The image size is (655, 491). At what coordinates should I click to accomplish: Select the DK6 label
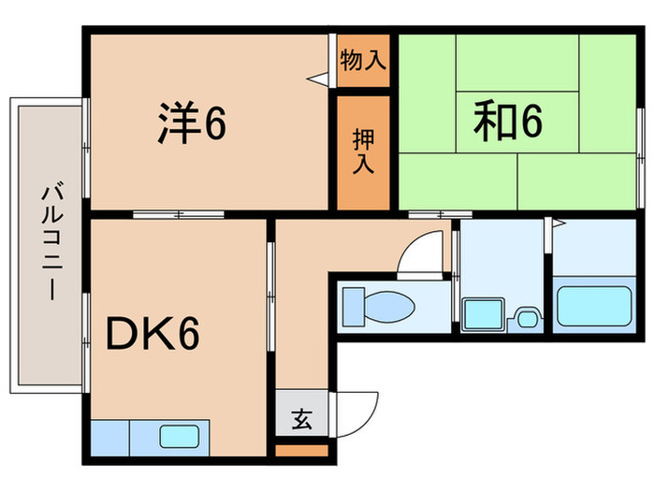[152, 333]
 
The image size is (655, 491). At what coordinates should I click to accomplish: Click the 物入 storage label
[362, 62]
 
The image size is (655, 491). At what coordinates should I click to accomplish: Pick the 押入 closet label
[362, 152]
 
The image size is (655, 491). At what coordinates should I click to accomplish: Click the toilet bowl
[395, 306]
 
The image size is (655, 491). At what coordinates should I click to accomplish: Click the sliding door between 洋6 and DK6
[179, 214]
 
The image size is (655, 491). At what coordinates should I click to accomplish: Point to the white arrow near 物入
[320, 79]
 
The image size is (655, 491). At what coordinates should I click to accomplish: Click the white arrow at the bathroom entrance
[558, 224]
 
